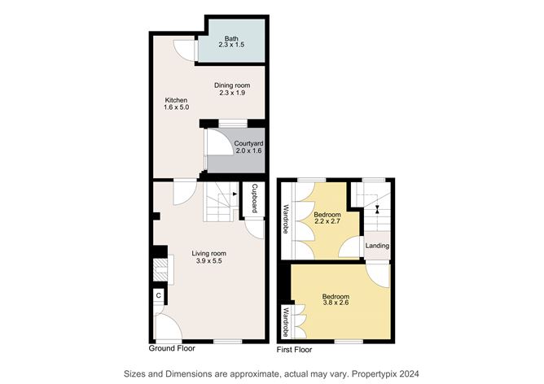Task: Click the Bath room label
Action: coord(231,38)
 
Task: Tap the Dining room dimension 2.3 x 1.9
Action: coord(232,93)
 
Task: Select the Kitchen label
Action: coord(176,100)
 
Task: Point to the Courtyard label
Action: coord(248,143)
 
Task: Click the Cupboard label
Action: coord(254,199)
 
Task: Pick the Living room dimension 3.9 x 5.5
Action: coord(208,261)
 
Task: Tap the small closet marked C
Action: coord(159,295)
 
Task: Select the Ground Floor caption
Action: coord(172,348)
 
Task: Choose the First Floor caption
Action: coord(294,350)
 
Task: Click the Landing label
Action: coord(377,246)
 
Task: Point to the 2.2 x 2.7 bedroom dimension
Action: coord(327,220)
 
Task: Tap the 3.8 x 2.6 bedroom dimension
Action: coord(336,303)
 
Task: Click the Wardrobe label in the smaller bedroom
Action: coord(286,219)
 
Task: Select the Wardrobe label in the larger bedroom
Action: coord(286,322)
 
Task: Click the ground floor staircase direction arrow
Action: coord(235,194)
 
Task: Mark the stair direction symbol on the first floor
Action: coord(377,209)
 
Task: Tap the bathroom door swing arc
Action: coord(182,53)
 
